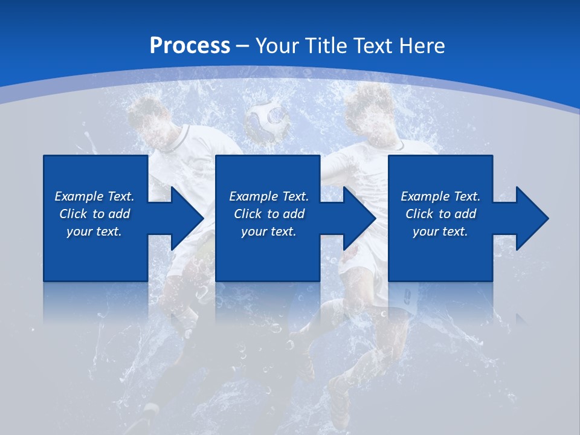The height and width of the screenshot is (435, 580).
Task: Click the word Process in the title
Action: click(190, 45)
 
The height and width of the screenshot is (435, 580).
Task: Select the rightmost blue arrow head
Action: click(531, 218)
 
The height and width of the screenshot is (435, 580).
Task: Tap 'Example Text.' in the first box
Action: click(94, 196)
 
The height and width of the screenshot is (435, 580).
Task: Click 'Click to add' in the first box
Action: click(94, 214)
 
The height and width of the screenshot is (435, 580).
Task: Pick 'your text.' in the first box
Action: click(94, 231)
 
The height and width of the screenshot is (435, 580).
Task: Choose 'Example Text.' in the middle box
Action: click(268, 196)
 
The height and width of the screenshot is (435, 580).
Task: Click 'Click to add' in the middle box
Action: click(268, 214)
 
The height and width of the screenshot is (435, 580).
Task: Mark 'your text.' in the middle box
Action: click(268, 231)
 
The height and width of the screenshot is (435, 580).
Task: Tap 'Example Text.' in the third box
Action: click(440, 196)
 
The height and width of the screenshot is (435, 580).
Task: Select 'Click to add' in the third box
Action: click(440, 214)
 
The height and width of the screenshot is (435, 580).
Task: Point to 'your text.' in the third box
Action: click(440, 231)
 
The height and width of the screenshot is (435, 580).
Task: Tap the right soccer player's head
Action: click(369, 112)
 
